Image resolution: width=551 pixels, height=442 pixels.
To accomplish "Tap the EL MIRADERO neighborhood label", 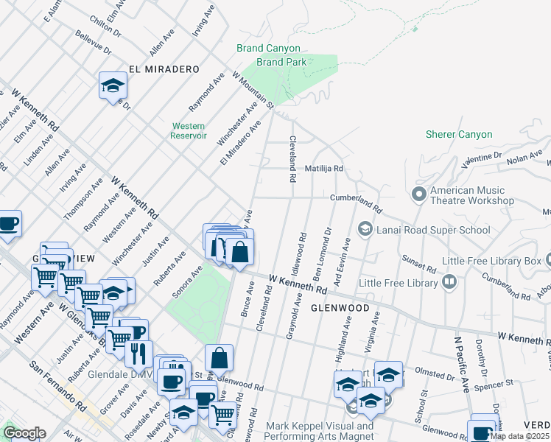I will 164,69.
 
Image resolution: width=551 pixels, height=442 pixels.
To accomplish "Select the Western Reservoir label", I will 188,130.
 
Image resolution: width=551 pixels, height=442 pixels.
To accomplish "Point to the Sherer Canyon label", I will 458,135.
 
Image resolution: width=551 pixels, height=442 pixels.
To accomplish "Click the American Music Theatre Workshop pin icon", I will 419,194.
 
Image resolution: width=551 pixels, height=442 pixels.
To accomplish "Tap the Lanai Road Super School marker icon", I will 364,230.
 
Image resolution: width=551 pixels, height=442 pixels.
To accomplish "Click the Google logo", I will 24,433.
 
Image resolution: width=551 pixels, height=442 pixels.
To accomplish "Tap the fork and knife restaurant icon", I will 138,354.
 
